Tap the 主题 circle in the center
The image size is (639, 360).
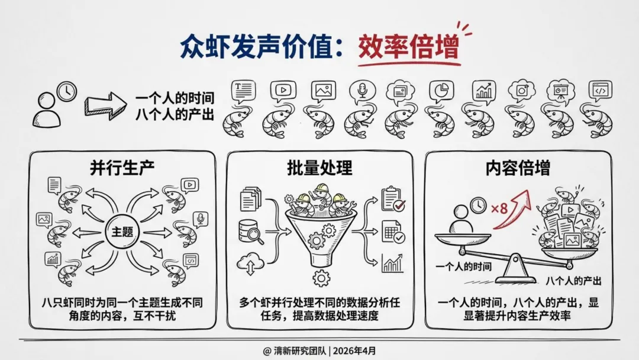pyautogui.click(x=123, y=232)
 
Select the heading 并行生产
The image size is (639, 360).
pyautogui.click(x=122, y=168)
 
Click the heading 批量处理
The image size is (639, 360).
pyautogui.click(x=320, y=168)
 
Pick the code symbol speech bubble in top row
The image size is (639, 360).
pyautogui.click(x=600, y=90)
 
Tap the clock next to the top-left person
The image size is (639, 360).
pyautogui.click(x=67, y=91)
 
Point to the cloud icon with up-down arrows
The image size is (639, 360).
pyautogui.click(x=249, y=262)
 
